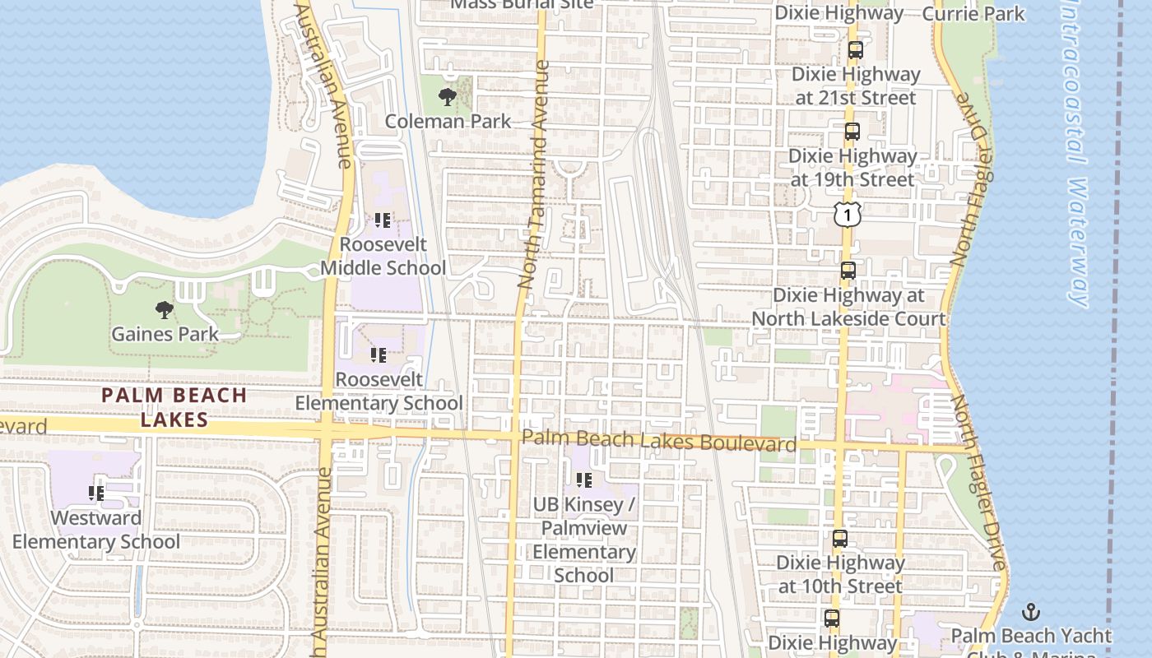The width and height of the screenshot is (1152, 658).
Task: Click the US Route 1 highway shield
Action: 847,214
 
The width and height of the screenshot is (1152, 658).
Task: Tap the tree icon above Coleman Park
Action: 448,98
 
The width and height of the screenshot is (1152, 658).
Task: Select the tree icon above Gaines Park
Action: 165,310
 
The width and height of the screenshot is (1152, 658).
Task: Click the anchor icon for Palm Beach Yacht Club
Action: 1030,612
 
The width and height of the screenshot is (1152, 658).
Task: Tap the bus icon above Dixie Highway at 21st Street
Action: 855,50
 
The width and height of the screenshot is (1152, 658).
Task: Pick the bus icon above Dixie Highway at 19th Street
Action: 852,132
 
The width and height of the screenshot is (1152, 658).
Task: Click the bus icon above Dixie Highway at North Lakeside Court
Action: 848,270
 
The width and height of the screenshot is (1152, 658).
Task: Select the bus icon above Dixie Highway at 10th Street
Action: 839,539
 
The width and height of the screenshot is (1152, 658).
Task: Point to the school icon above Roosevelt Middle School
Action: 383,220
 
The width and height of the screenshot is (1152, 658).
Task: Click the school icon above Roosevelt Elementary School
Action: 379,355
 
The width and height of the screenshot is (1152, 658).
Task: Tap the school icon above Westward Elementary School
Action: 95,493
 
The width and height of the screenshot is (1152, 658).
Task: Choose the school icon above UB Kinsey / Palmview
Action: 584,480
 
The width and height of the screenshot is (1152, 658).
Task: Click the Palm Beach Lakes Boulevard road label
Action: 659,440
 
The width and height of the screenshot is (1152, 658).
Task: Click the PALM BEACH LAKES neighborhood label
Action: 174,407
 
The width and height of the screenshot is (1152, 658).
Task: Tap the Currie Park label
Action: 973,13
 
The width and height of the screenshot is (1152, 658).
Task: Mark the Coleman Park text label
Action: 448,122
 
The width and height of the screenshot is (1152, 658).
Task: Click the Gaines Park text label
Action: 165,334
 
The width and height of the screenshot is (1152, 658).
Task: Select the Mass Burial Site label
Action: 523,3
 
